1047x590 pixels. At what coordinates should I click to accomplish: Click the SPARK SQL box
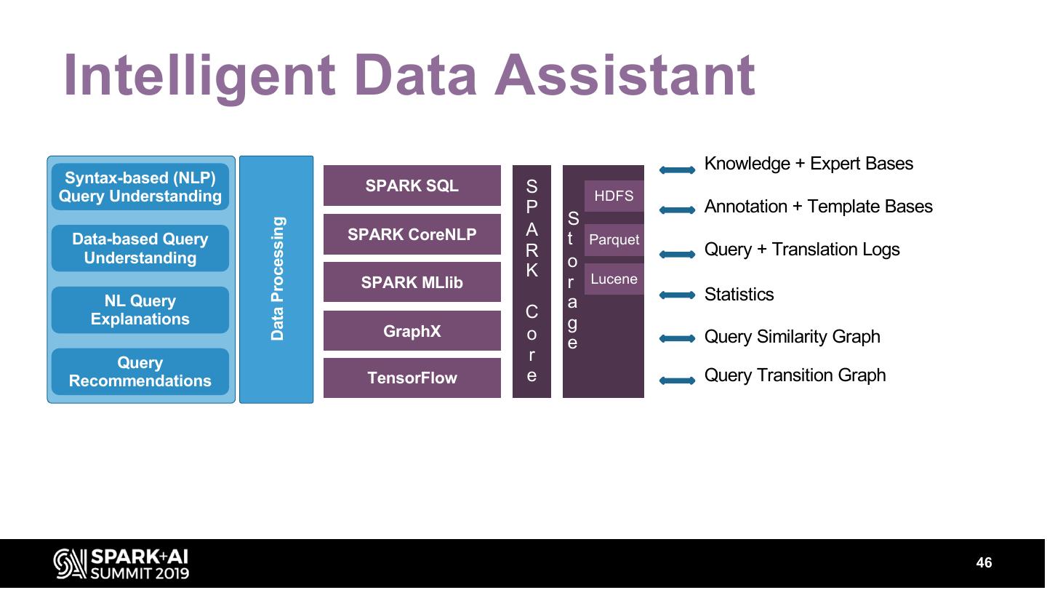[412, 186]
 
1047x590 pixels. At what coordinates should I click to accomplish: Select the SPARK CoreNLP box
[412, 234]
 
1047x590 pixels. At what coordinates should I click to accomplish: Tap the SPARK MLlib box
[412, 282]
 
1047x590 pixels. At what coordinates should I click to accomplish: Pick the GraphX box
[412, 330]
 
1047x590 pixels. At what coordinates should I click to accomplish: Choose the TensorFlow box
[412, 378]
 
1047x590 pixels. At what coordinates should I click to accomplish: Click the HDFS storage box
[614, 196]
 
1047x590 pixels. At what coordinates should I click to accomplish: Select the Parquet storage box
[614, 240]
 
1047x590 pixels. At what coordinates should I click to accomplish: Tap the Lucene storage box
[614, 279]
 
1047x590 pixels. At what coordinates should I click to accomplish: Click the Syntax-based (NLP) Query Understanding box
[140, 186]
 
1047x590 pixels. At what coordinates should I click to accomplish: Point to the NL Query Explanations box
[140, 310]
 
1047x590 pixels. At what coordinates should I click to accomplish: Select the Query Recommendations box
[140, 372]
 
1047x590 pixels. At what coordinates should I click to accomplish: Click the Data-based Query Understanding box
[140, 248]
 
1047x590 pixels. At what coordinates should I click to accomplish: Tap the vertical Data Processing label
[277, 279]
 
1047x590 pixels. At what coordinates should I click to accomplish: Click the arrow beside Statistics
[678, 295]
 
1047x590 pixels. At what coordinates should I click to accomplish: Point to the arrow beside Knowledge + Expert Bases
[678, 170]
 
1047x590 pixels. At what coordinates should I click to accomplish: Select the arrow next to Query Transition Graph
[678, 380]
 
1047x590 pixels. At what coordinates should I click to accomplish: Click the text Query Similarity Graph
[793, 337]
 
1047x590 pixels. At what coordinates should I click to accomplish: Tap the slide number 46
[984, 562]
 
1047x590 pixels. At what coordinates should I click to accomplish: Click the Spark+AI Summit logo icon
[70, 564]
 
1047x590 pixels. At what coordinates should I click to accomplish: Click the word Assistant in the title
[625, 75]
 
